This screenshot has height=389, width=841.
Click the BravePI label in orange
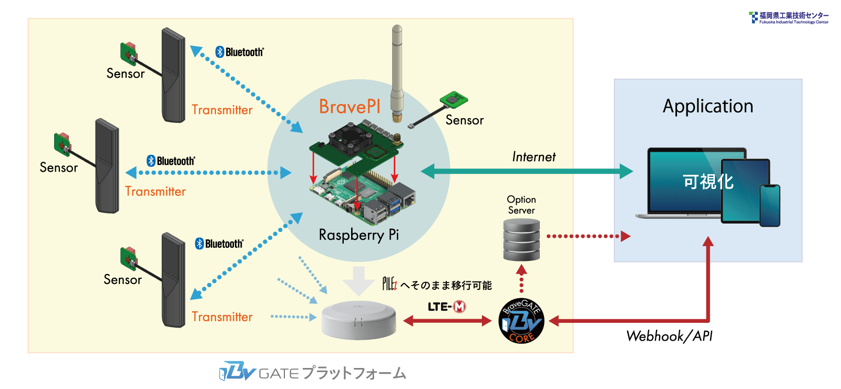click(x=350, y=107)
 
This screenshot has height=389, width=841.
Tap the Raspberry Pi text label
click(x=358, y=235)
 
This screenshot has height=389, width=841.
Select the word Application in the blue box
click(x=707, y=106)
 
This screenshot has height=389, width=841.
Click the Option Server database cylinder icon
click(x=521, y=239)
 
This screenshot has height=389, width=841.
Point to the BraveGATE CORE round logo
click(x=521, y=321)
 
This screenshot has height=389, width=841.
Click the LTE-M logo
click(x=446, y=307)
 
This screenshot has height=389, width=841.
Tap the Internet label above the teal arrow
click(x=534, y=157)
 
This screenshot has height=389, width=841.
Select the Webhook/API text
click(x=669, y=336)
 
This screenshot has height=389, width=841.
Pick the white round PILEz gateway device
click(x=359, y=320)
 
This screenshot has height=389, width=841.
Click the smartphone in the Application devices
click(x=770, y=205)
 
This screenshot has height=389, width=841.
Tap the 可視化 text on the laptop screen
click(x=707, y=182)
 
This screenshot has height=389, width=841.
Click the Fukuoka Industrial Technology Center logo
click(x=788, y=18)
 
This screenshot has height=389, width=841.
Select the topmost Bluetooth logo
click(x=239, y=52)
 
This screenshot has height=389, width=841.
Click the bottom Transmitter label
click(x=222, y=317)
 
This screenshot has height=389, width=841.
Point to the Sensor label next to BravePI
click(x=464, y=120)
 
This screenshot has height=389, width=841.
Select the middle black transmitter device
click(x=107, y=166)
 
